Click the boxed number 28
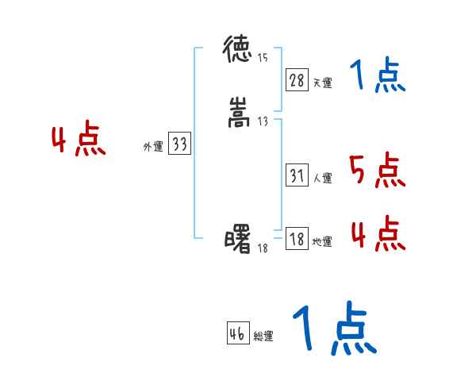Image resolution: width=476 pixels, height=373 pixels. [297, 79]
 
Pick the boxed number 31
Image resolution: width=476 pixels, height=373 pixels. [297, 176]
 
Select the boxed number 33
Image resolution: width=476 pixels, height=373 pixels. [179, 144]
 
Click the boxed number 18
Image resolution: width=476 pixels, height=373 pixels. [297, 239]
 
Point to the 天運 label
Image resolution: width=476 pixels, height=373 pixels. [322, 83]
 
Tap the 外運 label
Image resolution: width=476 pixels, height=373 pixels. [153, 147]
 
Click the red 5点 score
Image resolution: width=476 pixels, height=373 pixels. [376, 170]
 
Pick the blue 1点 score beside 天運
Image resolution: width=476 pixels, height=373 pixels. [377, 75]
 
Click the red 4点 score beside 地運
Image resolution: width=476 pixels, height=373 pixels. [378, 233]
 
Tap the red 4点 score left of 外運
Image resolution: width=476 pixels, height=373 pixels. [79, 140]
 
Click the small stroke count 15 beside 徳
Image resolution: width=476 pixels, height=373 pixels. [263, 58]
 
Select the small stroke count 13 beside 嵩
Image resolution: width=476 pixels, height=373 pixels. [263, 121]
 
